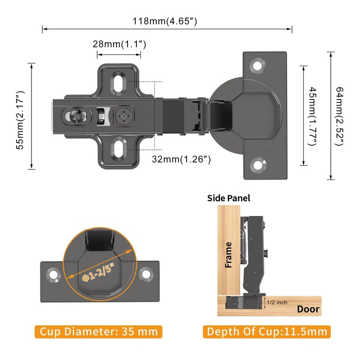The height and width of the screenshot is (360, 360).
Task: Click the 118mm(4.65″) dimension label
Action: tap(165, 21)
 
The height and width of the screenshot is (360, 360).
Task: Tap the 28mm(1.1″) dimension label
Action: tap(119, 44)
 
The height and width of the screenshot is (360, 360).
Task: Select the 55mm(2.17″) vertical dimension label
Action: tap(20, 120)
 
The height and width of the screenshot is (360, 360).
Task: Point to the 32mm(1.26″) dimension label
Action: tap(181, 159)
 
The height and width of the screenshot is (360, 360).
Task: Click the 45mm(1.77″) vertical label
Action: tap(312, 116)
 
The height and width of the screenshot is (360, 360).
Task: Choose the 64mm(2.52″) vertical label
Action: tap(339, 116)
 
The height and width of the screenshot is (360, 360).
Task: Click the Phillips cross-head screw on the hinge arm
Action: tap(124, 116)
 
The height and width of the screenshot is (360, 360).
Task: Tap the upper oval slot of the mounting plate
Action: tap(118, 84)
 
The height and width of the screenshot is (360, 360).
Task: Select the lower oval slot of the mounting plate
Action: tap(118, 149)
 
